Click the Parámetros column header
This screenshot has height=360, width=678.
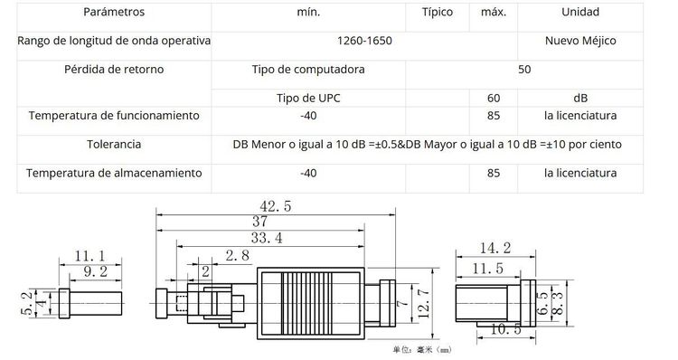113,14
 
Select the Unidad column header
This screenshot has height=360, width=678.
579,14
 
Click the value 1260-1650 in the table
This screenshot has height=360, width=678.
363,42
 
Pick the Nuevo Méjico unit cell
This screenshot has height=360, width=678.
579,42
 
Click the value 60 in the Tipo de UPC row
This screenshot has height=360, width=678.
493,97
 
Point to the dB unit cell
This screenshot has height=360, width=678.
579,97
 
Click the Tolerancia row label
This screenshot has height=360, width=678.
113,145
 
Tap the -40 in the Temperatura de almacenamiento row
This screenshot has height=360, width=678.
307,173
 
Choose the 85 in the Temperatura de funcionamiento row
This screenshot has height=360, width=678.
493,116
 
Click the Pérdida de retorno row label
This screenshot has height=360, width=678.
113,69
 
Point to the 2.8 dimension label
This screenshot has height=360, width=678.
238,257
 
